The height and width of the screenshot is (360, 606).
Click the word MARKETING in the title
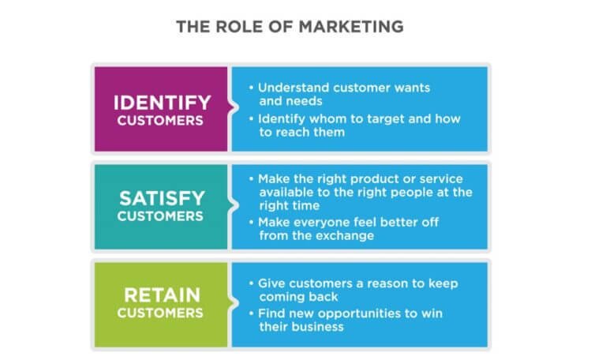tap(351, 27)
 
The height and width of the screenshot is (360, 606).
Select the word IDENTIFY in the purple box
tap(162, 103)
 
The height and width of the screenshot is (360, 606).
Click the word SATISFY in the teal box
tap(162, 199)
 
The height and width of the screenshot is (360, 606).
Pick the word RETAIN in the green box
tap(162, 295)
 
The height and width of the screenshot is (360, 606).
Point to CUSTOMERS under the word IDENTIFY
tap(160, 121)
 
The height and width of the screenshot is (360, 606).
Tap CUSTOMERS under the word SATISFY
tap(160, 216)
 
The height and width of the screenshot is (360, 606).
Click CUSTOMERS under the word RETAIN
tap(160, 313)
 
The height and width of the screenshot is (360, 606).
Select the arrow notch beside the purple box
tap(233, 108)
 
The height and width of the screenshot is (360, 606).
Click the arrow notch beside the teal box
tap(233, 206)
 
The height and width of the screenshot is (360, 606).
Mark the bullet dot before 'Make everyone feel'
tap(251, 223)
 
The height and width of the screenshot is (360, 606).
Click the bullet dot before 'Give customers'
tap(251, 283)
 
